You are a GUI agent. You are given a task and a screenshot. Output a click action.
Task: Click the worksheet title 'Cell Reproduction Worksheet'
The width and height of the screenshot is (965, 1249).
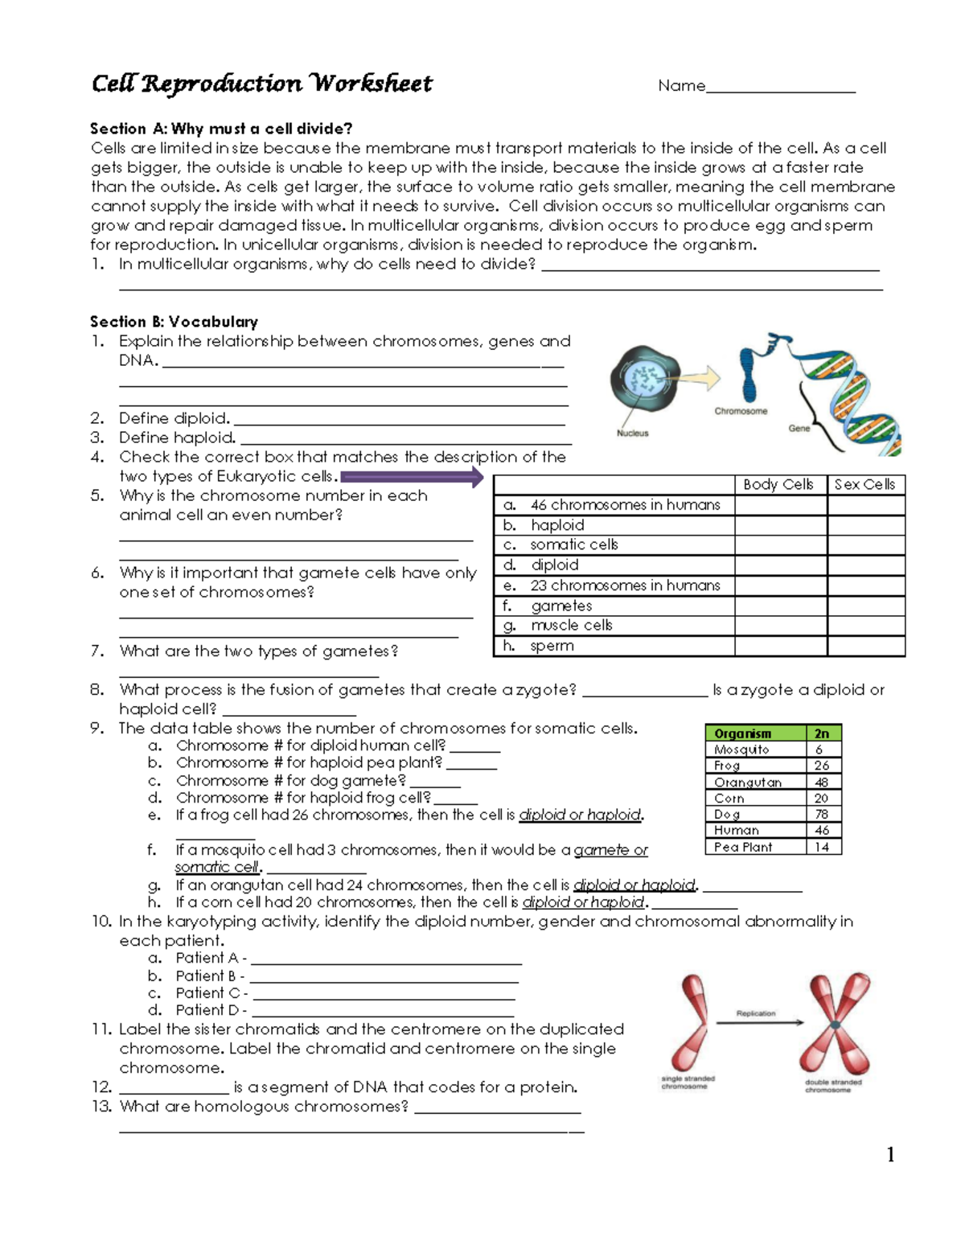point(261,84)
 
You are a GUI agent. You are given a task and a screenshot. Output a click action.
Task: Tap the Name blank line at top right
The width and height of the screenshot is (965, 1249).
point(780,88)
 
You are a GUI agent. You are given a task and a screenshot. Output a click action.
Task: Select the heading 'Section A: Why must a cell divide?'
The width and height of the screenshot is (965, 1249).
point(221,129)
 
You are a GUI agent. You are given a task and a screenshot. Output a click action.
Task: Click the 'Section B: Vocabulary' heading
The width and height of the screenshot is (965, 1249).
point(174,322)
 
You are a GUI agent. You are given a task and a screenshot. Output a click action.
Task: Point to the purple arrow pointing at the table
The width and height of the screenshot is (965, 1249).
point(412,479)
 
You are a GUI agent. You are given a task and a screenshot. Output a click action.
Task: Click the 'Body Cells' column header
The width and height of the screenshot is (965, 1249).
point(778,484)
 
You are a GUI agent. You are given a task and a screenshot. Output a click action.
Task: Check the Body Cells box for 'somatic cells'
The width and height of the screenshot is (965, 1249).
point(780,545)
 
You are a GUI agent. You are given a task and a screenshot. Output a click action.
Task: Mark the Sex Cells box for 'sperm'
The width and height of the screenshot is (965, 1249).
point(865,646)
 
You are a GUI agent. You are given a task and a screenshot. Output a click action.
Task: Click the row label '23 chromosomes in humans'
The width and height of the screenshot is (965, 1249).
point(625,585)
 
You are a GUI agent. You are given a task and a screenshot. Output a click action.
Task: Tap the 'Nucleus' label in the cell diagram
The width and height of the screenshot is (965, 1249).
point(632,433)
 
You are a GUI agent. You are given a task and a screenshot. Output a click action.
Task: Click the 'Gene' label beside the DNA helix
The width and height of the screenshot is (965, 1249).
point(799,428)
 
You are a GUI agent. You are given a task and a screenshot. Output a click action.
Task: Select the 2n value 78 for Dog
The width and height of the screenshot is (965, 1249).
point(822,814)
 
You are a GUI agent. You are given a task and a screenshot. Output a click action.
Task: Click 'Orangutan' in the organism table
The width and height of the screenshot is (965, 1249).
point(748,782)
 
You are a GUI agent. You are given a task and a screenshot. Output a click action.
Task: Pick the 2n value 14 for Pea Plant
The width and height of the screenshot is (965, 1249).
point(822,847)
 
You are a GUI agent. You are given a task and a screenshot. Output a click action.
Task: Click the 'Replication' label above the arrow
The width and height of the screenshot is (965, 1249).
point(756,1013)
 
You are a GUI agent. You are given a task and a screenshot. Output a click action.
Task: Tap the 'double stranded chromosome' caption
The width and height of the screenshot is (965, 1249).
point(833,1086)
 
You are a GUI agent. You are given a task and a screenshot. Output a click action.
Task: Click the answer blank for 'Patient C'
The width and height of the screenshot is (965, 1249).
point(382,994)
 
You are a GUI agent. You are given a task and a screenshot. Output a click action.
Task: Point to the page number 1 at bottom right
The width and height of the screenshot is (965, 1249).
point(890,1155)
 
